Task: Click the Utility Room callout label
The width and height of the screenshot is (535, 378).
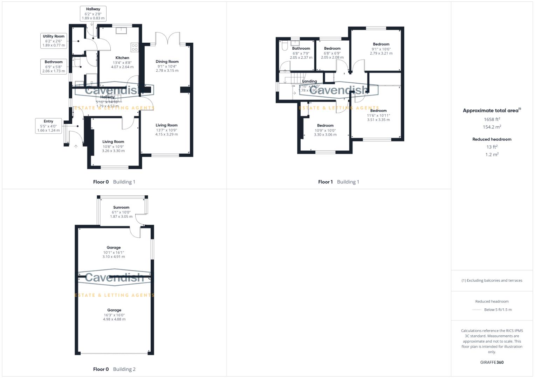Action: (54, 41)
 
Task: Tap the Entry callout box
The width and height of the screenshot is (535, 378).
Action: (48, 126)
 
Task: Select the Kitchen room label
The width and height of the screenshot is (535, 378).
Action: (122, 58)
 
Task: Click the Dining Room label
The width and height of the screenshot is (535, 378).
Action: (167, 62)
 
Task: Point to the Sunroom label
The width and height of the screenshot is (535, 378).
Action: (121, 208)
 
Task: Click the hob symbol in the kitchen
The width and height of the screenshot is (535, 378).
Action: (135, 47)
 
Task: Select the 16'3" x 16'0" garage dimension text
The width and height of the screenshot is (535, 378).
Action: (114, 315)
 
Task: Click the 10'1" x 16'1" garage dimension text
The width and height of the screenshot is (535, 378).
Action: (114, 252)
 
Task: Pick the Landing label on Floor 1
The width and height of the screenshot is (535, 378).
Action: (309, 81)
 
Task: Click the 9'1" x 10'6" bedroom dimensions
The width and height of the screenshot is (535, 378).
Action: (381, 49)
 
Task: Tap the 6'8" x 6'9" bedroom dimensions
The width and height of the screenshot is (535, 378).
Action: (332, 53)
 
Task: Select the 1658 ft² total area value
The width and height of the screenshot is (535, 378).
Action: (492, 119)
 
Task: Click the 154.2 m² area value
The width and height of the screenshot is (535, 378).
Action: (492, 127)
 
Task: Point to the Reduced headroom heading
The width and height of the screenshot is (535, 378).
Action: (492, 139)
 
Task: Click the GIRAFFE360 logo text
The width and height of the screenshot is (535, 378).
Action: (492, 362)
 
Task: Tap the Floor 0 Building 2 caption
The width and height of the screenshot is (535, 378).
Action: (114, 369)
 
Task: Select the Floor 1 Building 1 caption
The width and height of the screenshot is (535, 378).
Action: (338, 182)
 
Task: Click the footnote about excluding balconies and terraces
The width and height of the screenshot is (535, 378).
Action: (492, 280)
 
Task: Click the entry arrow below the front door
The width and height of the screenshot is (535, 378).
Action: (76, 146)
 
